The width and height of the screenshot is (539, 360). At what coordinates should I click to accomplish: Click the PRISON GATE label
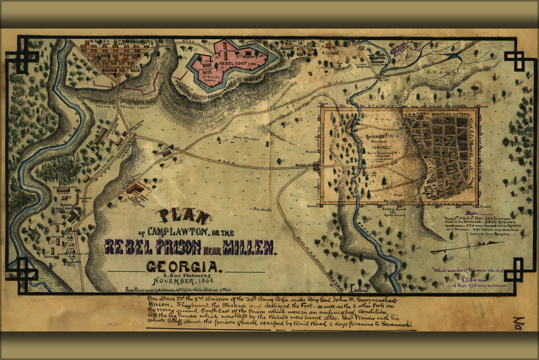point(305,165)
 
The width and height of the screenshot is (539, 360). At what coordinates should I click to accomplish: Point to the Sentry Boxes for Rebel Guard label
point(395,212)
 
